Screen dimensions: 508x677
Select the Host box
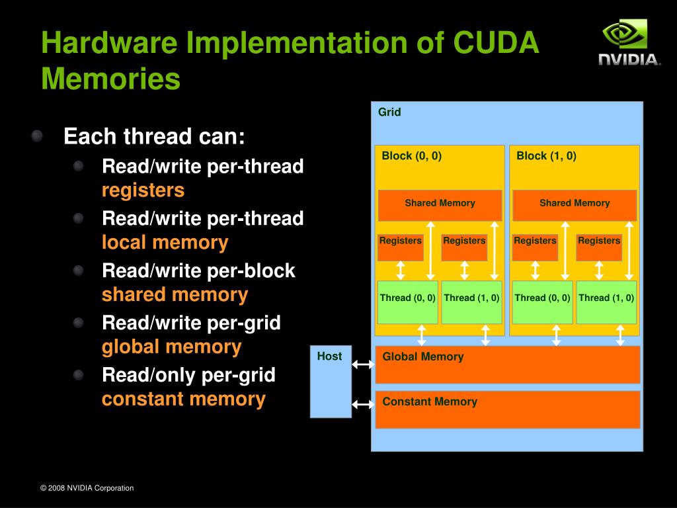(x=331, y=381)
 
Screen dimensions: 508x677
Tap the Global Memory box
(x=507, y=364)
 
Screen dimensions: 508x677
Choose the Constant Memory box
(x=507, y=409)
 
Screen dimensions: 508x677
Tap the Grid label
(x=389, y=112)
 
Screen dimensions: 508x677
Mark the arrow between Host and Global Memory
(x=363, y=364)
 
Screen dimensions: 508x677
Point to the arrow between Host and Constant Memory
(x=363, y=404)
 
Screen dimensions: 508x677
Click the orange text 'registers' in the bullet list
(x=143, y=190)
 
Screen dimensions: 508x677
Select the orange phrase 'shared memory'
(x=175, y=294)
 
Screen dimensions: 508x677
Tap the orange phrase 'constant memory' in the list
(x=183, y=399)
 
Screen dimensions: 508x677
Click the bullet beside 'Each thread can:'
(x=37, y=136)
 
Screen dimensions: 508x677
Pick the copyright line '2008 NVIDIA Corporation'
(x=87, y=488)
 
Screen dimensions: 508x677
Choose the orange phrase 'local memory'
(x=165, y=242)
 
